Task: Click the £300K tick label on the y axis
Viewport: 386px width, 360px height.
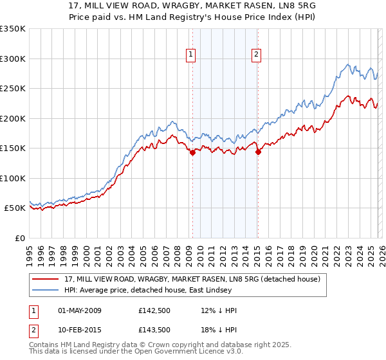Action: [x=13, y=59]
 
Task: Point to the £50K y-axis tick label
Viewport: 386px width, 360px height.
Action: [x=15, y=208]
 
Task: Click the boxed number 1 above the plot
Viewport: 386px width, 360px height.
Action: [x=192, y=55]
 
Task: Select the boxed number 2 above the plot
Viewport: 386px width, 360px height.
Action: [x=256, y=55]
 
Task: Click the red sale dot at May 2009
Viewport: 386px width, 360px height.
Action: [x=192, y=153]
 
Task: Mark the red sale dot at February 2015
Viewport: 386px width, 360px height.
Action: [x=258, y=152]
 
